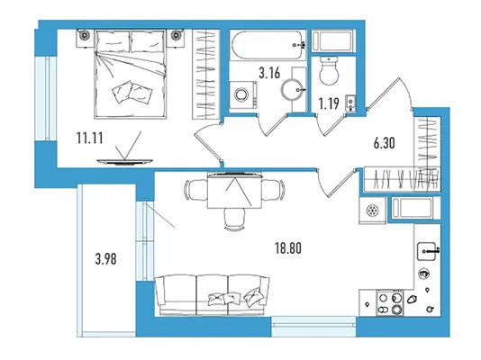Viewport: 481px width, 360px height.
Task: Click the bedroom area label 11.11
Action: pyautogui.click(x=89, y=139)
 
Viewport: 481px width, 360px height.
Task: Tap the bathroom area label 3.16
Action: pyautogui.click(x=269, y=73)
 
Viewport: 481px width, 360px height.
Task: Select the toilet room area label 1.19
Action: pyautogui.click(x=329, y=103)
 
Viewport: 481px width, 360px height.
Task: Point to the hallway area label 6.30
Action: pyautogui.click(x=384, y=143)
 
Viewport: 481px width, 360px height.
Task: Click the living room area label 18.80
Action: pyautogui.click(x=288, y=248)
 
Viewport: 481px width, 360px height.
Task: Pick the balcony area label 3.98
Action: pyautogui.click(x=105, y=259)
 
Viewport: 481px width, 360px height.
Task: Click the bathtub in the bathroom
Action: pyautogui.click(x=268, y=45)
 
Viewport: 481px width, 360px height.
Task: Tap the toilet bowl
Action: pyautogui.click(x=329, y=71)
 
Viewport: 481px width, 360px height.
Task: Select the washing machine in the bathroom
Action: pyautogui.click(x=243, y=94)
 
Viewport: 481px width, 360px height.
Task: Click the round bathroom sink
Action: pyautogui.click(x=292, y=90)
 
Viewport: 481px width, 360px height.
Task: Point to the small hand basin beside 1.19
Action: pyautogui.click(x=350, y=103)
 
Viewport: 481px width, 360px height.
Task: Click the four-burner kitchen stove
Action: pyautogui.click(x=390, y=303)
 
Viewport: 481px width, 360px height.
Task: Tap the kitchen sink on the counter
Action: pyautogui.click(x=427, y=251)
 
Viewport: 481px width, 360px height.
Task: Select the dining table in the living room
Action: pyautogui.click(x=234, y=191)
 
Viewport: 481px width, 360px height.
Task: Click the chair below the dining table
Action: pyautogui.click(x=234, y=219)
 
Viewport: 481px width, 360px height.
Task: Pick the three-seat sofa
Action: pyautogui.click(x=213, y=295)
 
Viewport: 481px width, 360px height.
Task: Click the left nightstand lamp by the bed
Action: pyautogui.click(x=84, y=34)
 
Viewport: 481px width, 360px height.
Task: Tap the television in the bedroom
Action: pyautogui.click(x=124, y=161)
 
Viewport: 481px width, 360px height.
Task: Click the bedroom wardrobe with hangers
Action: pyautogui.click(x=206, y=74)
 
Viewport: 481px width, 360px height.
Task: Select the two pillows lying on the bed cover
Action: pyautogui.click(x=132, y=92)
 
